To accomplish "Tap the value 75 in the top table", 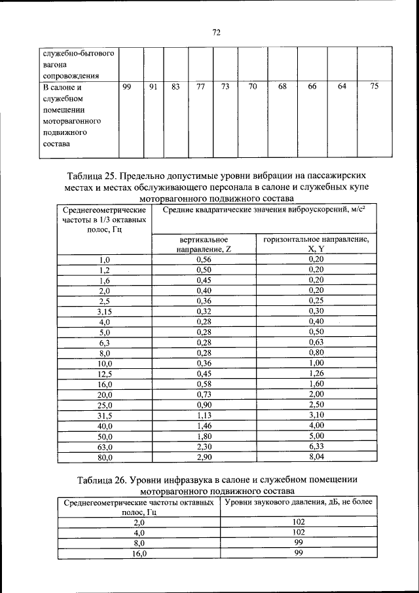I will point(374,86).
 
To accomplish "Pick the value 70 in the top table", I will point(252,86).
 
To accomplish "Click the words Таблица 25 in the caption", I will point(94,176).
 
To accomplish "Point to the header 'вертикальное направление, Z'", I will point(203,244).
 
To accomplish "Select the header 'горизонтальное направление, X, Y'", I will point(316,244).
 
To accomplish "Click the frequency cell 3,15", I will point(105,312).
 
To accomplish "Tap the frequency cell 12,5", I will point(105,374).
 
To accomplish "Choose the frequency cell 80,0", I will point(105,457).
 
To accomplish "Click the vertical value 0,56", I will point(204,259).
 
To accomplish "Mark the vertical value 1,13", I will point(204,415).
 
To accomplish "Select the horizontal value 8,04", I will point(316,457).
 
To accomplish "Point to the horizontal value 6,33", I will point(316,446).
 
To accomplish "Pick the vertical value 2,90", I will point(204,457).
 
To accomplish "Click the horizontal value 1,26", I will point(316,374).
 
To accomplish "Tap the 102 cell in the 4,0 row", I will point(298,533).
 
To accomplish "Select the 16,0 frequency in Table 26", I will point(138,554).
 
